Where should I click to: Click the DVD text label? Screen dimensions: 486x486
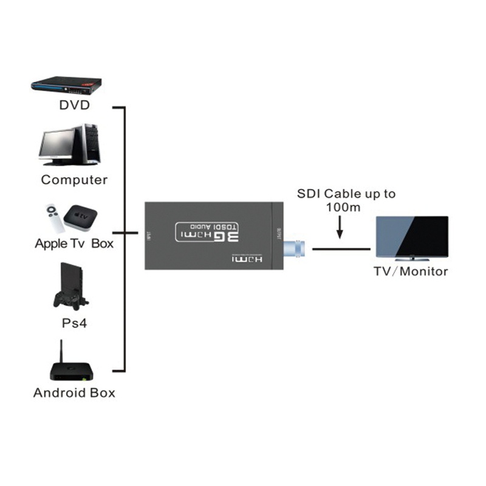coord(74,105)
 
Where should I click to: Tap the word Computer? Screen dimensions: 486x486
coord(74,180)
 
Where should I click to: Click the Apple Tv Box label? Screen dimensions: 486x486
coord(74,244)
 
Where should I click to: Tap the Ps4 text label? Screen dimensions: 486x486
coord(74,323)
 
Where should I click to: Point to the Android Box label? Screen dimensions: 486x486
coord(74,392)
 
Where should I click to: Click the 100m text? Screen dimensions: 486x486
coord(343,208)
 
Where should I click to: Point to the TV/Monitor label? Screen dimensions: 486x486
coord(411,271)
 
